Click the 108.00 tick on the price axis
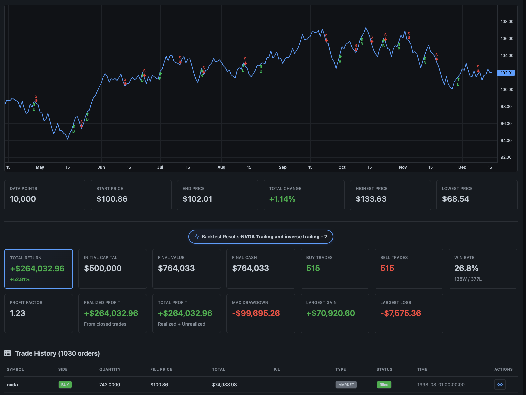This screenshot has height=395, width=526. click(x=507, y=22)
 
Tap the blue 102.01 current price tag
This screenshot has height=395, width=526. click(x=506, y=73)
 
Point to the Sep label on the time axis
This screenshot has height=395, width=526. click(x=282, y=167)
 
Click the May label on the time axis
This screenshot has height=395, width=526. click(x=40, y=167)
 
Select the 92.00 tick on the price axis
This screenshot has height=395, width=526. click(x=506, y=157)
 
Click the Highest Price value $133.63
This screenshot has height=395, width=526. click(x=371, y=199)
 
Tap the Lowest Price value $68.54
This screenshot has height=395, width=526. click(x=455, y=199)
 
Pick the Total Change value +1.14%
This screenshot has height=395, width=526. click(x=282, y=199)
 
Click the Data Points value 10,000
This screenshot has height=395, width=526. click(x=23, y=199)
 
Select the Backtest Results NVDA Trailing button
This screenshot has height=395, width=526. click(x=261, y=237)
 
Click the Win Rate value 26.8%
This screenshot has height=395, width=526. click(x=466, y=268)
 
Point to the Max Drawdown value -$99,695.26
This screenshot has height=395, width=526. click(x=256, y=313)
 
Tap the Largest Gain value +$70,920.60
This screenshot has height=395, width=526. click(x=330, y=313)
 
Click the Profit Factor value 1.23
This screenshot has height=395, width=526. click(x=18, y=313)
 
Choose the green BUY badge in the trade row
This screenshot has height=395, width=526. click(x=65, y=385)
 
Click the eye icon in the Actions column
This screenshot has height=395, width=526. click(x=500, y=385)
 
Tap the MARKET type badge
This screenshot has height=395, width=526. click(x=346, y=385)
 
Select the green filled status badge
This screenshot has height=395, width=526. click(x=384, y=385)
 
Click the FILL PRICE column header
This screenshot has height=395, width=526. click(x=161, y=369)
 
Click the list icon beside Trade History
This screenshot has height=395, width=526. click(x=8, y=353)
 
